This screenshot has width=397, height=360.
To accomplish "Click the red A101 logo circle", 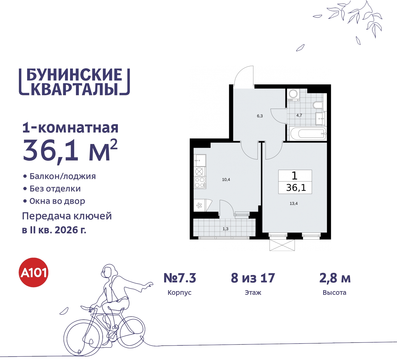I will click(x=34, y=272).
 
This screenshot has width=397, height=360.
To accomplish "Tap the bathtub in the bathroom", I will click(x=308, y=134).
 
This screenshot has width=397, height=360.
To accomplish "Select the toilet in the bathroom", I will click(x=318, y=105).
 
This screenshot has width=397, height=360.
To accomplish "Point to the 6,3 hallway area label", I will click(x=260, y=116).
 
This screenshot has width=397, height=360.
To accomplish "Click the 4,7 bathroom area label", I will click(x=299, y=115).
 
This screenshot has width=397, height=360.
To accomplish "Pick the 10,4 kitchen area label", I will click(x=226, y=180).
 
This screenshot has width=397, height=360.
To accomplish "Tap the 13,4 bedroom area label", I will click(x=293, y=204).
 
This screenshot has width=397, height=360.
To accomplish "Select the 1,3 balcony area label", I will click(x=225, y=229).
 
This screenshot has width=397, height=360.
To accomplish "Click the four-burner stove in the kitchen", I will click(x=200, y=182).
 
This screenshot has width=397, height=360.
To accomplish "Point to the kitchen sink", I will click(x=200, y=161).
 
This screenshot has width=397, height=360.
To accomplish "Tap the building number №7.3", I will click(x=180, y=278).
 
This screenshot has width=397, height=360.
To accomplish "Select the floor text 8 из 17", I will click(x=253, y=278).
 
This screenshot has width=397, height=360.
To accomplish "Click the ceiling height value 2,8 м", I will click(x=335, y=278).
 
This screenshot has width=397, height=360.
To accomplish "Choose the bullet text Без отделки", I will click(x=55, y=189).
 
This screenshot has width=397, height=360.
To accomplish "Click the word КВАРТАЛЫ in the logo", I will click(x=74, y=89).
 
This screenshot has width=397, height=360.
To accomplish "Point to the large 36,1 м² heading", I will click(x=70, y=151).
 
